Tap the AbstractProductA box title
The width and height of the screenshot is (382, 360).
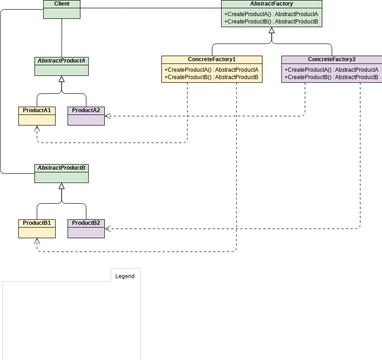pyautogui.click(x=61, y=62)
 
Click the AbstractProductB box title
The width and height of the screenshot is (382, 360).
pyautogui.click(x=61, y=168)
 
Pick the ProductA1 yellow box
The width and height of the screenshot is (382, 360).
pyautogui.click(x=36, y=110)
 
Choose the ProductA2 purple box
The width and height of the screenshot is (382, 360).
pyautogui.click(x=85, y=110)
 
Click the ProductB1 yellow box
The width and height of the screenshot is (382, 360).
pyautogui.click(x=36, y=222)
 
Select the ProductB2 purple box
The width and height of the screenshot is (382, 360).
pyautogui.click(x=85, y=222)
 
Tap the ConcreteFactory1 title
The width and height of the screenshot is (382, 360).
pyautogui.click(x=211, y=60)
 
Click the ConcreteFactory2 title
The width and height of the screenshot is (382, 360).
pyautogui.click(x=331, y=60)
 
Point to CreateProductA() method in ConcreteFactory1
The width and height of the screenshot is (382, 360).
pyautogui.click(x=211, y=69)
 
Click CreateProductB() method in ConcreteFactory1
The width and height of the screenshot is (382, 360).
pyautogui.click(x=211, y=77)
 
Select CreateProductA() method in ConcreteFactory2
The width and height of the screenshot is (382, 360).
pyautogui.click(x=331, y=69)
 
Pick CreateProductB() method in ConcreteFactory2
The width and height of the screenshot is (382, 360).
pyautogui.click(x=331, y=77)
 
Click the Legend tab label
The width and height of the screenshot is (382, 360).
pyautogui.click(x=124, y=275)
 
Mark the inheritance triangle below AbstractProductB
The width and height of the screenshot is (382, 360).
pyautogui.click(x=61, y=187)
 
